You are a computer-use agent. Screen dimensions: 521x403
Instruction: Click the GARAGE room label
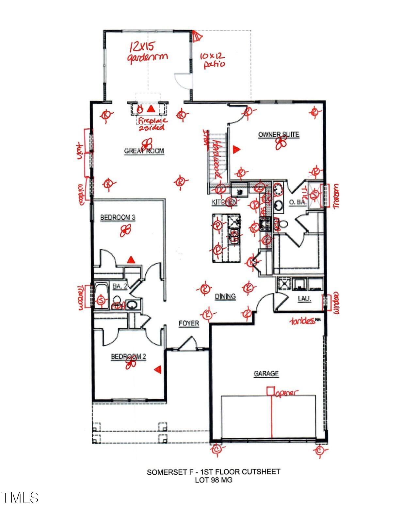pyautogui.click(x=266, y=373)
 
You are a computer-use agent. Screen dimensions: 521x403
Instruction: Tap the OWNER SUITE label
pyautogui.click(x=279, y=134)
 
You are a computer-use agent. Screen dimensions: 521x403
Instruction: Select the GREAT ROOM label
pyautogui.click(x=144, y=151)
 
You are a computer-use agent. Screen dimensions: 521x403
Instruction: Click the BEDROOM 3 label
pyautogui.click(x=118, y=217)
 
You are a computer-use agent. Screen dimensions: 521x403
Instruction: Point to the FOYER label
pyautogui.click(x=188, y=323)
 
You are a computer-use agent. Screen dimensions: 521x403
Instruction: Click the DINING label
pyautogui.click(x=225, y=296)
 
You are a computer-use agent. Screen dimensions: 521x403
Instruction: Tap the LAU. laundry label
pyautogui.click(x=304, y=298)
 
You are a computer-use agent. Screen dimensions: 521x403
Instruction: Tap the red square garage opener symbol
pyautogui.click(x=270, y=391)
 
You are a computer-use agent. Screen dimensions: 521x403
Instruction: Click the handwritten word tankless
pyautogui.click(x=303, y=321)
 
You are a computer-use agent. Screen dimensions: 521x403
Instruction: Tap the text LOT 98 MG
pyautogui.click(x=214, y=480)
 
